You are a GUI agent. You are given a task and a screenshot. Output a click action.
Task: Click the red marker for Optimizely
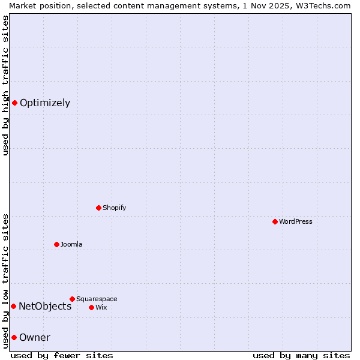tap(14, 103)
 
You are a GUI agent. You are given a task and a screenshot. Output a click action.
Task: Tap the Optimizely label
tap(45, 103)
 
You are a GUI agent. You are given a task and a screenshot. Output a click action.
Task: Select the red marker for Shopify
tap(98, 208)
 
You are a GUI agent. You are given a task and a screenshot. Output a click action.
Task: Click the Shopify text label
tap(114, 208)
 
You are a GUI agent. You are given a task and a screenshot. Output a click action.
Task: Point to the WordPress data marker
tap(275, 221)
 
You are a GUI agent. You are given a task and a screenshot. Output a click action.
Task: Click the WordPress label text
tap(295, 221)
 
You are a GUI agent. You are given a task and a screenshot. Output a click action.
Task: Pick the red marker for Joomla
tap(56, 244)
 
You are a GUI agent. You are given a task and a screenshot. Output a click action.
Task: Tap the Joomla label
tap(71, 244)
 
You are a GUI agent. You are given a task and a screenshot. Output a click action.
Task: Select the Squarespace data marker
tap(72, 299)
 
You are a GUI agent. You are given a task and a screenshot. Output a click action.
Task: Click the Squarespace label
tap(97, 299)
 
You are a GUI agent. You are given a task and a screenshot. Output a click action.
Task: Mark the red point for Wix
tap(91, 307)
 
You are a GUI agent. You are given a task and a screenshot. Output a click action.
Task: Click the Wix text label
tap(101, 307)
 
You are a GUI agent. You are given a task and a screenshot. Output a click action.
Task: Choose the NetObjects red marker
tap(13, 306)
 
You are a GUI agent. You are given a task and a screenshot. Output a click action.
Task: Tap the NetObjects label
tap(45, 306)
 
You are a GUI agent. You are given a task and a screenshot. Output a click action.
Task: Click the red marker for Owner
tap(14, 337)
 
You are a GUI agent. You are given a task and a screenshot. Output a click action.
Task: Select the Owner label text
tap(35, 337)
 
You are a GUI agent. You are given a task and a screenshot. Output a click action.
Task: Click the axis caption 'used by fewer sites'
tap(62, 355)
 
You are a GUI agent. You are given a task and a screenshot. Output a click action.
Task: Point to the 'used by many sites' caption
tap(301, 355)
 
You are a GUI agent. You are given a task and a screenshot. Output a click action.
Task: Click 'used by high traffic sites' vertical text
tap(5, 85)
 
